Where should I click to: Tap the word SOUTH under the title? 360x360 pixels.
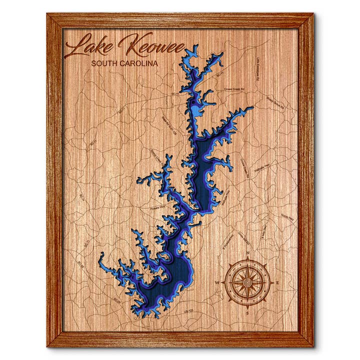coord(106,64)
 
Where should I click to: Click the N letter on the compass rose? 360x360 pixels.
coord(247,253)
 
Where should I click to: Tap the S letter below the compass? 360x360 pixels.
coord(247,313)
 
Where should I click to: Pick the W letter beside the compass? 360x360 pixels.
coord(217,283)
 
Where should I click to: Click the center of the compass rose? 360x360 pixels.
coord(247,283)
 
